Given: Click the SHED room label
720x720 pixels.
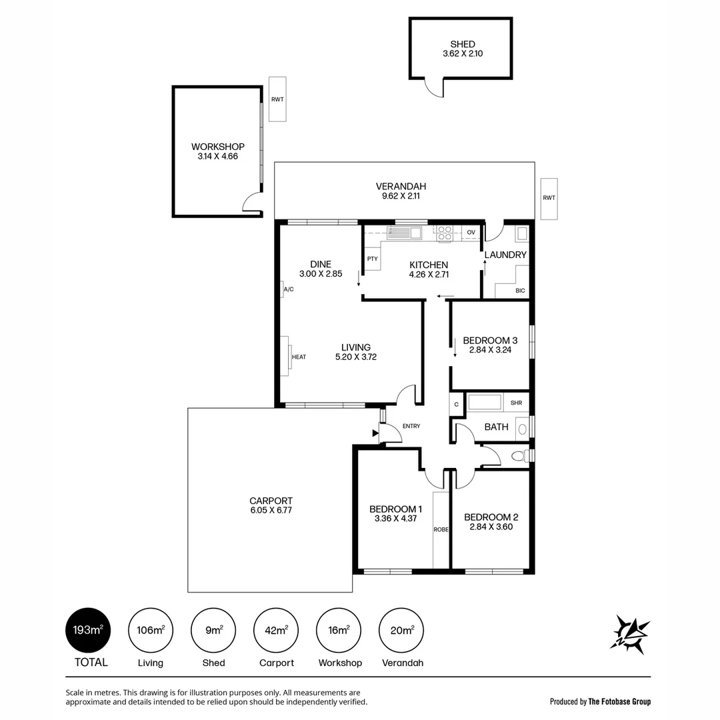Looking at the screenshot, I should (x=462, y=44).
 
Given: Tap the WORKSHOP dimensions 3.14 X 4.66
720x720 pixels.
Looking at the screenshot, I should (x=217, y=157).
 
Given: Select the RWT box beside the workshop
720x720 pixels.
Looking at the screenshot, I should (x=277, y=99).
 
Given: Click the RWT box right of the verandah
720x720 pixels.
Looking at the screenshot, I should (x=549, y=198).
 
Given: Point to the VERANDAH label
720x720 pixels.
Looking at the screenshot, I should (x=400, y=186).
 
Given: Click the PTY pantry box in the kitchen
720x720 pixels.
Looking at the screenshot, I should (x=372, y=259).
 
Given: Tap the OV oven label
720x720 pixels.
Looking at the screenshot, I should (x=471, y=233).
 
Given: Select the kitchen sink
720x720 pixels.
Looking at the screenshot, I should (x=404, y=233).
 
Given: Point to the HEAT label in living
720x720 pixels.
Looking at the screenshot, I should (x=299, y=357).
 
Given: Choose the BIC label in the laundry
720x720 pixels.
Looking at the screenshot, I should (x=520, y=291).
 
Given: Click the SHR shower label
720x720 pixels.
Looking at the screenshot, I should (x=516, y=403).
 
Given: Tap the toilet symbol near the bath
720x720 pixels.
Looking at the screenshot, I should (x=519, y=456).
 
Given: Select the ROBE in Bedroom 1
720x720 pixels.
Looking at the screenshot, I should (x=441, y=529).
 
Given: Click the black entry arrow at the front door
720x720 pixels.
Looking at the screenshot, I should (x=375, y=434).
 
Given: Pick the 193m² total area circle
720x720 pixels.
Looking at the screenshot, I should (x=88, y=630).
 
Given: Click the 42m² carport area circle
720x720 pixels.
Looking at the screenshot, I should (x=277, y=630).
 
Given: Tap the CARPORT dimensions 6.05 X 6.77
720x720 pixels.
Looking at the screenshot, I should (x=271, y=511).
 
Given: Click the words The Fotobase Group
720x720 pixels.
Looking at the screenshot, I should (x=619, y=701).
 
